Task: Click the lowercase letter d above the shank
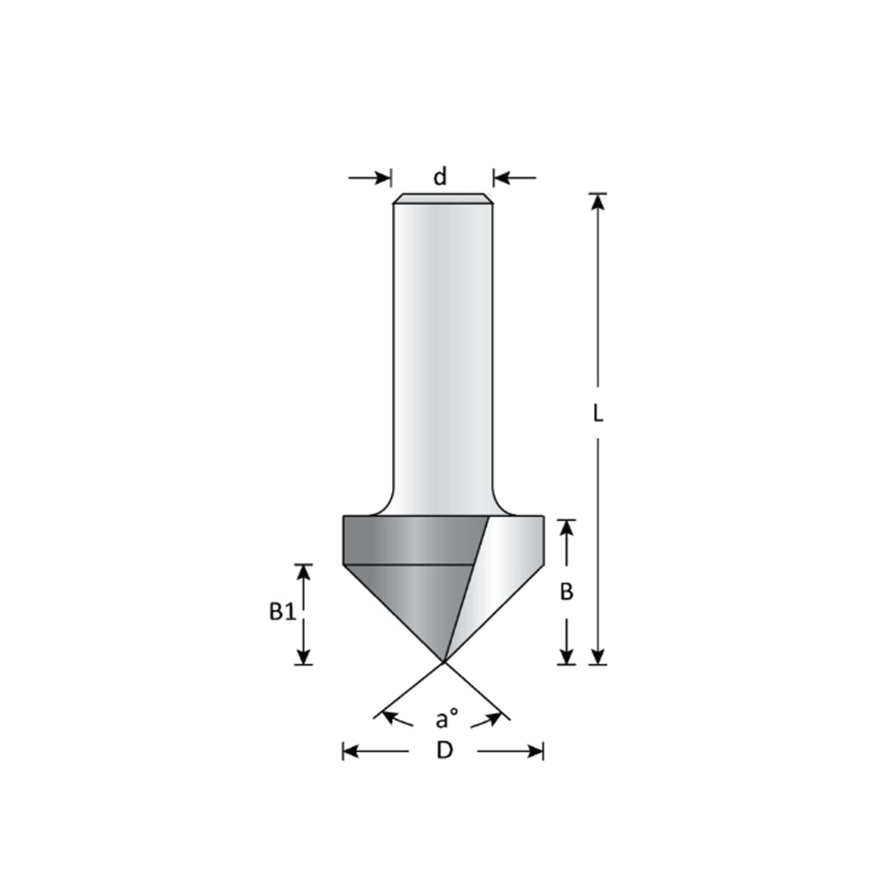point(440,177)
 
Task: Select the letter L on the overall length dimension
point(598,414)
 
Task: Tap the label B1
point(282,612)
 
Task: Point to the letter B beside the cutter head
point(566,592)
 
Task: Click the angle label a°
point(446,719)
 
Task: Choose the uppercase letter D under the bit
point(445,750)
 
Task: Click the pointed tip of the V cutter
point(444,661)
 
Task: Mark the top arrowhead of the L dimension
point(598,202)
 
